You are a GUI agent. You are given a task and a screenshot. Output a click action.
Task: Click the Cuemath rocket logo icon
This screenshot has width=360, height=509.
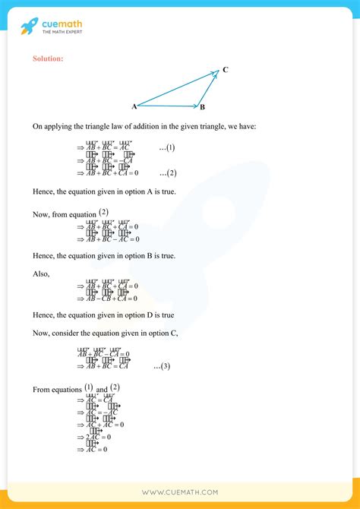pos(30,27)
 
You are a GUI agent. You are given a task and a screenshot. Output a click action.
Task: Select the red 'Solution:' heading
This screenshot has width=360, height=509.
pos(48,58)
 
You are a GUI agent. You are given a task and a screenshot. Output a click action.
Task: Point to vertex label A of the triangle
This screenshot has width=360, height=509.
pos(134,106)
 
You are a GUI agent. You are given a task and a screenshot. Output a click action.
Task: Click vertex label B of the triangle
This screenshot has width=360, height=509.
pos(203,108)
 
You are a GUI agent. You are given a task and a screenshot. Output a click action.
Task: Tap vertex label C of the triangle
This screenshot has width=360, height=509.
pos(226,70)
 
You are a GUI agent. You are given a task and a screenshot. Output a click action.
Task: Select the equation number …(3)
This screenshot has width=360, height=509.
pos(162,367)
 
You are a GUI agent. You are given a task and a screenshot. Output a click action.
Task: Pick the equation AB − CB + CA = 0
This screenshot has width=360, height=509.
pos(109,299)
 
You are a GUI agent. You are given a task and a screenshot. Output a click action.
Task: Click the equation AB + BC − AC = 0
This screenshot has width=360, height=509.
pos(109,239)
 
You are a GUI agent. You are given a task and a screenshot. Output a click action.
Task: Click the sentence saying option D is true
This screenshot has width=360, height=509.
pos(103,315)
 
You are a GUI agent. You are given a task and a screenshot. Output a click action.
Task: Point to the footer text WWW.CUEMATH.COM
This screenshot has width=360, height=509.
pos(180,494)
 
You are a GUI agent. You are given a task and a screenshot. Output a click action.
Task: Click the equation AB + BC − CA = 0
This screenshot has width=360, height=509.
pos(103,354)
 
